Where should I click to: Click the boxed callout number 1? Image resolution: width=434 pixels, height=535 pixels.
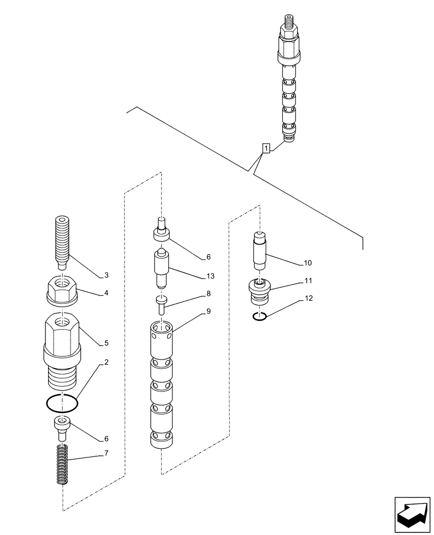click(x=266, y=148)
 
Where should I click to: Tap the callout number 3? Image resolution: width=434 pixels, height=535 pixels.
click(x=106, y=276)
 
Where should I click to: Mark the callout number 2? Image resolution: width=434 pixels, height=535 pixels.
click(x=106, y=362)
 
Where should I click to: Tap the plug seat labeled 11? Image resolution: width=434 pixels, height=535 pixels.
click(x=260, y=289)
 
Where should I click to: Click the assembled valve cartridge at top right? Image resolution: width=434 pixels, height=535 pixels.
click(x=289, y=80)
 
